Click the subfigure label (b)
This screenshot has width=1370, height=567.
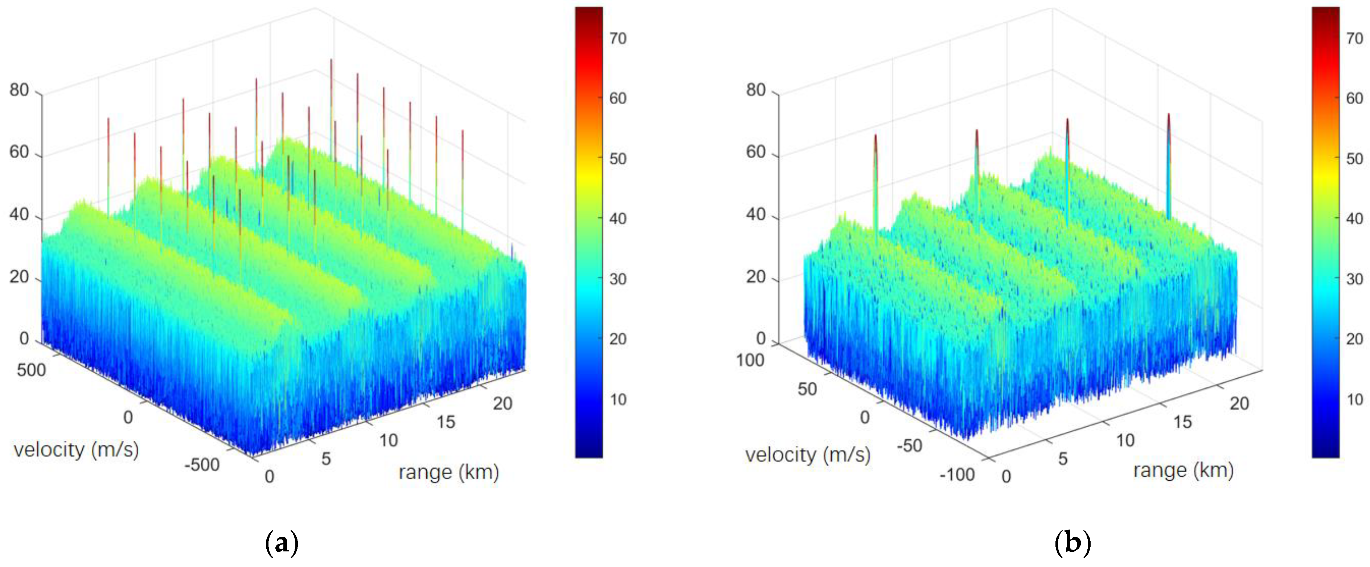[x=1072, y=543]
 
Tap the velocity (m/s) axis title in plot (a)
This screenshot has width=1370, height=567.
[x=76, y=450]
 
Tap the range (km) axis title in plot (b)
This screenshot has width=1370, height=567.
[x=1183, y=470]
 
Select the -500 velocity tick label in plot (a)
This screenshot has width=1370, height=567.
[x=202, y=465]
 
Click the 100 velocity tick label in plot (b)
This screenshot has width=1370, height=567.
[x=750, y=361]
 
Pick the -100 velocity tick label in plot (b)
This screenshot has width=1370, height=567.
[x=957, y=474]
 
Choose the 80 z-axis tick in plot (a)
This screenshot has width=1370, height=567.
[x=19, y=90]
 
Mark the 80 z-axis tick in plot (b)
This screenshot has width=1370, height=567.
[x=756, y=90]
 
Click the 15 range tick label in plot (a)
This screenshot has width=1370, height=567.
[x=446, y=422]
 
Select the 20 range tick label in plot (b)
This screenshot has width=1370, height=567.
[x=1239, y=404]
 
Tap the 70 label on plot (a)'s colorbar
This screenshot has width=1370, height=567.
[x=618, y=38]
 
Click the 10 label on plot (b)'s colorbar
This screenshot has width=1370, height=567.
[x=1354, y=399]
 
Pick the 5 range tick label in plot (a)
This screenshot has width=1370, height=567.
[x=326, y=459]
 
